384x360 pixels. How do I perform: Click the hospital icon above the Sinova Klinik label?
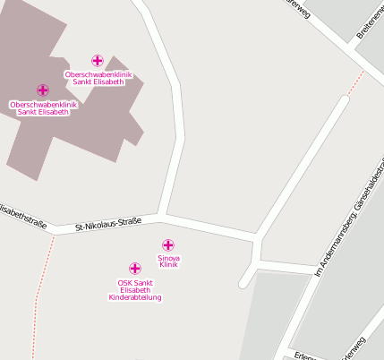click(167, 244)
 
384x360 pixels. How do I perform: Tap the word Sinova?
click(168, 258)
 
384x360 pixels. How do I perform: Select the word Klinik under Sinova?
click(168, 266)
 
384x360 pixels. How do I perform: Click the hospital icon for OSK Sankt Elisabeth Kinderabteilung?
click(134, 269)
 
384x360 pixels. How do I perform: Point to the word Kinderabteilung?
click(134, 297)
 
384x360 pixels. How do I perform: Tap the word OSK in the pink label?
click(125, 282)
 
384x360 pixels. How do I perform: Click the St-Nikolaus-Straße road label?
click(108, 224)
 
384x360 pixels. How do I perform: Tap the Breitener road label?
click(369, 25)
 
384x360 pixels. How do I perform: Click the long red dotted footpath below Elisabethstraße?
click(42, 287)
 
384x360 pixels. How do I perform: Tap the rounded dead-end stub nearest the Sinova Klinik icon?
click(243, 284)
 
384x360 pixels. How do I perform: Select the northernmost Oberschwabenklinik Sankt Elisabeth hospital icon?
click(98, 61)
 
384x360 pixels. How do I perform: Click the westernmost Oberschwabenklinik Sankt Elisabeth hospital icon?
click(42, 90)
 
